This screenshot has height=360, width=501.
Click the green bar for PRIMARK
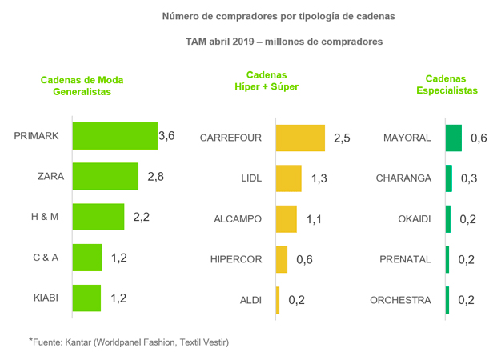(114, 137)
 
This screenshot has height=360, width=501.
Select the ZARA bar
(106, 177)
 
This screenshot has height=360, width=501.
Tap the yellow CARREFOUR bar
(300, 138)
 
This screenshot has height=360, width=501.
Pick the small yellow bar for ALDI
(278, 300)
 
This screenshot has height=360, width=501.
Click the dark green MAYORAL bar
(454, 138)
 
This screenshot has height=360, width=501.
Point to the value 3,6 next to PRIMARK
(167, 136)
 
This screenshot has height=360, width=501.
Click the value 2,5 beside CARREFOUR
(342, 138)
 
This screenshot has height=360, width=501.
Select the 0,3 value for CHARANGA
(469, 178)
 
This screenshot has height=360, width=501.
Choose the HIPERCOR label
(236, 259)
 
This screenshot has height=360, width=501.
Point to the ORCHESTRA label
(400, 300)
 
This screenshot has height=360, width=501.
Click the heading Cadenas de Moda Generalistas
(82, 86)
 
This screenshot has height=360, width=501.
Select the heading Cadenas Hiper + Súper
(267, 80)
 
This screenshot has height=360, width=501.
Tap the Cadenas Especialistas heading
(447, 85)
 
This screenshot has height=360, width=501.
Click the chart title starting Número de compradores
(279, 16)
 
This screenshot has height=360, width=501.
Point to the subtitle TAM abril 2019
(284, 40)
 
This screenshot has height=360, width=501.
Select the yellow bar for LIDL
(288, 178)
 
